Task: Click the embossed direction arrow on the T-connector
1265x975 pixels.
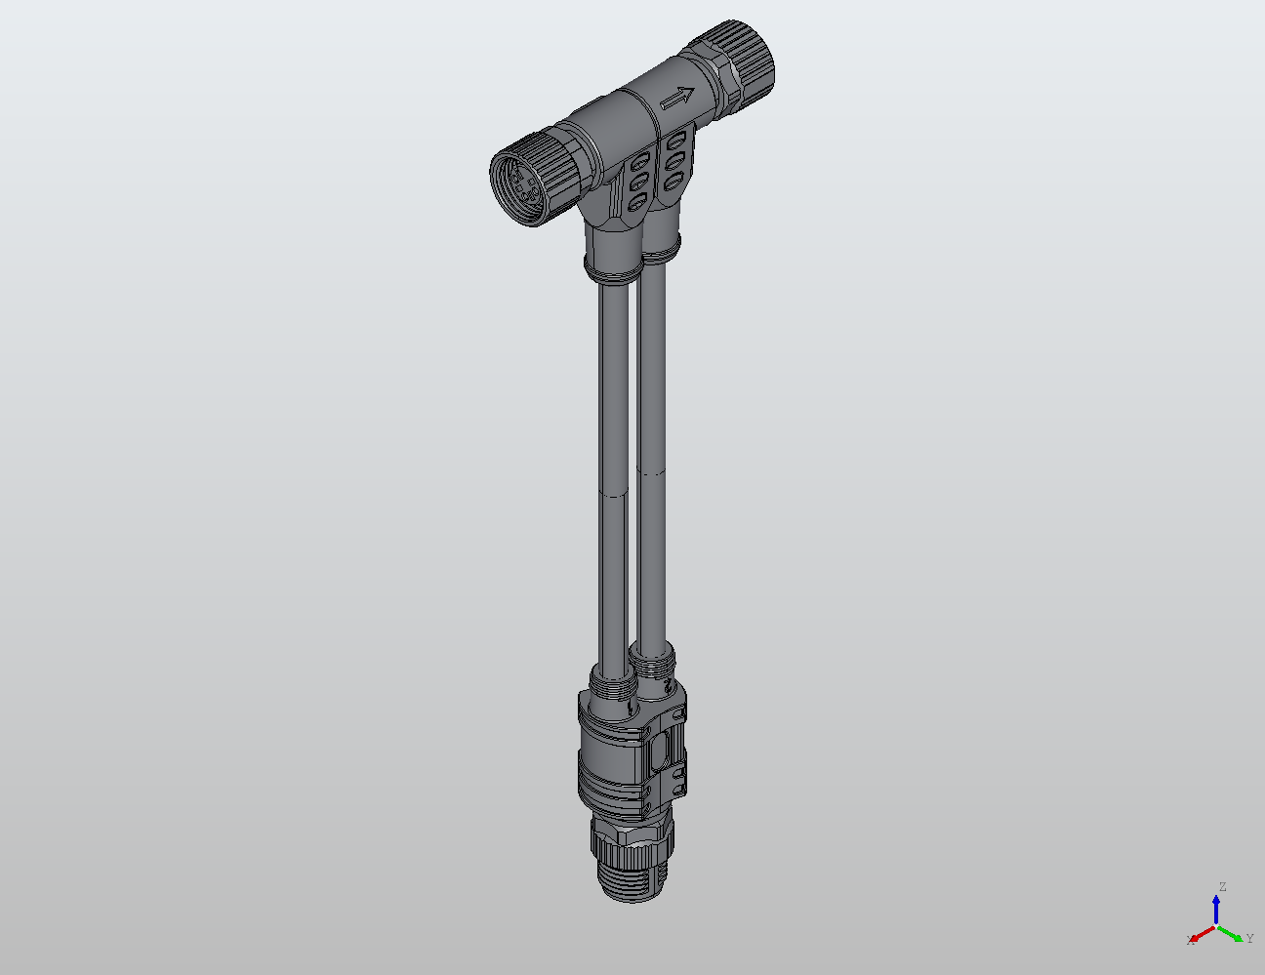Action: (677, 99)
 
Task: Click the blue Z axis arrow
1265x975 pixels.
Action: (1216, 910)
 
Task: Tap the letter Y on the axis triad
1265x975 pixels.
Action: (1250, 938)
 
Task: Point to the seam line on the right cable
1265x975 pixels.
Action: (652, 471)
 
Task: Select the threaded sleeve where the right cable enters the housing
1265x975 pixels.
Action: (652, 668)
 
